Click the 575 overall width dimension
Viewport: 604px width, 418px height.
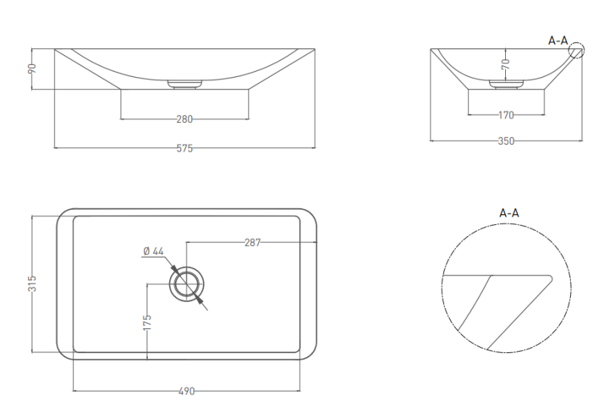click(x=184, y=148)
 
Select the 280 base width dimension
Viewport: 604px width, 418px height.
click(x=184, y=119)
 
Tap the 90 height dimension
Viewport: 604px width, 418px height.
click(x=32, y=69)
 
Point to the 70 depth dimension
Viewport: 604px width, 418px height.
click(x=506, y=64)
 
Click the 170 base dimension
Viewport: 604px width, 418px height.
click(x=506, y=115)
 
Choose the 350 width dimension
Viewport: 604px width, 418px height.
click(x=506, y=141)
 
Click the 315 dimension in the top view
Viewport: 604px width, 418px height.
click(x=32, y=283)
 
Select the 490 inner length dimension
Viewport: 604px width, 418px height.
click(x=186, y=392)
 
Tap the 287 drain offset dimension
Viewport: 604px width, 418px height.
click(x=253, y=242)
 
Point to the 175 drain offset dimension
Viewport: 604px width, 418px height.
click(x=147, y=322)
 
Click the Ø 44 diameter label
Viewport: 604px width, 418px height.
click(x=153, y=251)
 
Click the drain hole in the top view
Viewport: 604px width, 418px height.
click(x=186, y=284)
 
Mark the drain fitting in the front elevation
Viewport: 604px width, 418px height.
click(x=185, y=85)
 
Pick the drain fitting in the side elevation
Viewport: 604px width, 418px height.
click(x=506, y=85)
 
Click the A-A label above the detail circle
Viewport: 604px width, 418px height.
click(x=509, y=213)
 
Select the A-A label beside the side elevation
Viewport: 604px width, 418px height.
click(x=558, y=41)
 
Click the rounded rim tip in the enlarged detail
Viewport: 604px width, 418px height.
click(x=550, y=278)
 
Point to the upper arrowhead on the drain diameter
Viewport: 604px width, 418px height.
click(x=174, y=269)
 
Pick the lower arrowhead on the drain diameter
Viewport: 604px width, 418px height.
click(x=199, y=300)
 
